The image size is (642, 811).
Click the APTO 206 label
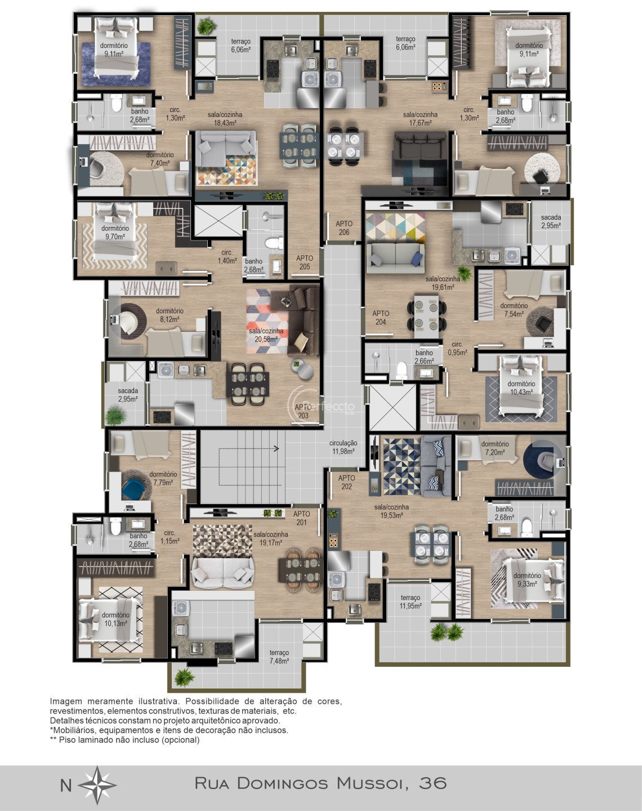pos(344,228)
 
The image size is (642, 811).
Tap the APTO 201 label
pos(302,518)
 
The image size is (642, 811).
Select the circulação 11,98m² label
pos(343,447)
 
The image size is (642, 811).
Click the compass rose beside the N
pos(97,785)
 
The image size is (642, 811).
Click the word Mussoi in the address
pos(371,783)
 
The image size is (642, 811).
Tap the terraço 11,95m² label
pos(411,602)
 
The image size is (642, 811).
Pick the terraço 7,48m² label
pos(279,657)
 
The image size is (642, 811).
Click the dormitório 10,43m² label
pos(521,388)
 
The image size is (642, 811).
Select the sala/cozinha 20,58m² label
pos(266,335)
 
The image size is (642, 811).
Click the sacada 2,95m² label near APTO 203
pos(128,395)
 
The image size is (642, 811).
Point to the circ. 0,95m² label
pos(457,348)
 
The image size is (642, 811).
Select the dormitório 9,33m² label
pos(527,580)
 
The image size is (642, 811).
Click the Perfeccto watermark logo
pos(321,405)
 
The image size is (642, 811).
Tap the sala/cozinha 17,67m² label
pos(420,118)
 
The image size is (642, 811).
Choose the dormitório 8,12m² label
pos(170,315)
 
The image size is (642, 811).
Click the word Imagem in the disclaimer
pos(66,701)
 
